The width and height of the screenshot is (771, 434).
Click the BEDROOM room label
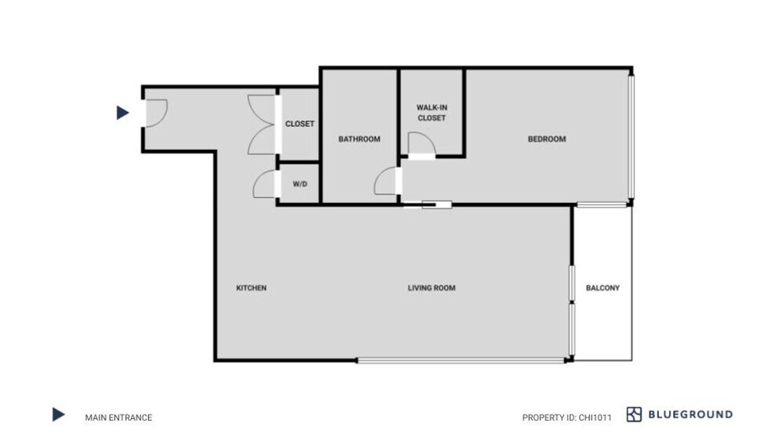(x=546, y=139)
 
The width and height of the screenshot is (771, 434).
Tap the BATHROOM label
(x=359, y=139)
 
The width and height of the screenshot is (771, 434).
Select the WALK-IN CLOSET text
(x=432, y=113)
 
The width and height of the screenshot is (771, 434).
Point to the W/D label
(x=300, y=184)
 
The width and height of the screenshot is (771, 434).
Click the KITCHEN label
(x=252, y=288)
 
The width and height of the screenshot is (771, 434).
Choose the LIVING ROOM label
(x=431, y=288)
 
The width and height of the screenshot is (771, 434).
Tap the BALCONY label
(x=603, y=288)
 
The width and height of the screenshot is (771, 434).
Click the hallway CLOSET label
(x=299, y=124)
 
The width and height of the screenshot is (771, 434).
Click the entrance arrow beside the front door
(x=122, y=113)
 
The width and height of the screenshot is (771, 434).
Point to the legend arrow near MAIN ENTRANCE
(x=59, y=415)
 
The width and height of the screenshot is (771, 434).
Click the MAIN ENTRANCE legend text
(x=118, y=418)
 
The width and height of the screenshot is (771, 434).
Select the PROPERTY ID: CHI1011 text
(x=567, y=418)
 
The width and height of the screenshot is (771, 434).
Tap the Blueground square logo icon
(x=634, y=414)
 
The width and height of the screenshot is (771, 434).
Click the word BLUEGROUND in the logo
(x=690, y=414)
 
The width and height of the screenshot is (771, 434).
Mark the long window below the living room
(x=461, y=361)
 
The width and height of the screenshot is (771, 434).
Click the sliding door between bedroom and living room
(x=427, y=205)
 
